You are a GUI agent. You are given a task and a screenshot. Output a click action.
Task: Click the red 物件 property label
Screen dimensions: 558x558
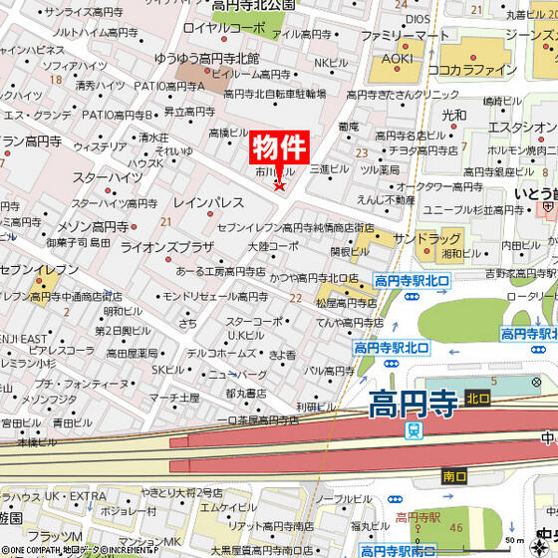coord(278,149)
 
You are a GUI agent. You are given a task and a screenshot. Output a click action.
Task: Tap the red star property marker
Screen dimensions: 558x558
coord(280,184)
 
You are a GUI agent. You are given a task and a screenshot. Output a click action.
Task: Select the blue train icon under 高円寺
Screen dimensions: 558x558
coord(413,430)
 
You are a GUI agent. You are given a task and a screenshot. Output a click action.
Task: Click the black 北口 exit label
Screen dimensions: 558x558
coord(478,398)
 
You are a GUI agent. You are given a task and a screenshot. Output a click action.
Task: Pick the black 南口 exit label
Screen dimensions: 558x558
coord(453,477)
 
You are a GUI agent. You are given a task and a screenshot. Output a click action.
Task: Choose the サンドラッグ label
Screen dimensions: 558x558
coord(426,239)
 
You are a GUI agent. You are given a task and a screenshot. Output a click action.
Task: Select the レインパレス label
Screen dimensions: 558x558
coord(209,202)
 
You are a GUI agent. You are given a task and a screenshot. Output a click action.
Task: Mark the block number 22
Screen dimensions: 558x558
coord(296,298)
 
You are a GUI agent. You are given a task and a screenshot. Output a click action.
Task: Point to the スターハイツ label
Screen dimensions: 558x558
coord(107,176)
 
